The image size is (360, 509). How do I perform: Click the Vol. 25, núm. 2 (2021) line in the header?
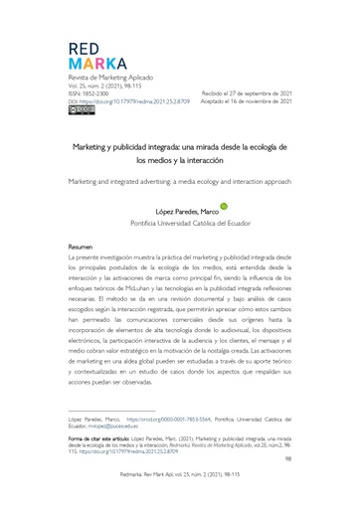(x=106, y=85)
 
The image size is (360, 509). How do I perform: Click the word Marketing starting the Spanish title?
(x=92, y=146)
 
